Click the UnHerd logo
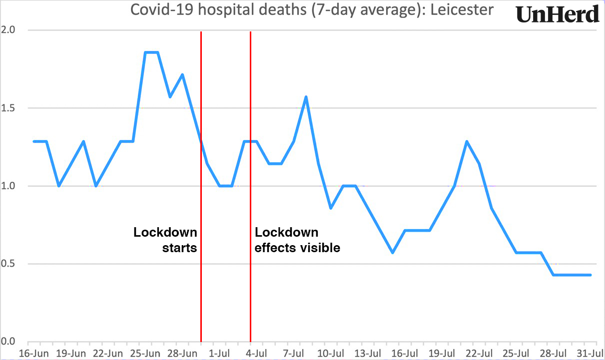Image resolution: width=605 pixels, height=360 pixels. point(558,14)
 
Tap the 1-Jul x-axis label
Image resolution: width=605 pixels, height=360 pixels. point(219,354)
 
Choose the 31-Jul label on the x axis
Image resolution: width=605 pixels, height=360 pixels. point(590,354)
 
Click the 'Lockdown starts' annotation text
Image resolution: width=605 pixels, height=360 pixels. point(165,240)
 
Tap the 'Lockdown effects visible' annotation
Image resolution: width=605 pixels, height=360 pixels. point(297,240)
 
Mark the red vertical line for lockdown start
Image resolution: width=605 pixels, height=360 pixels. point(201,300)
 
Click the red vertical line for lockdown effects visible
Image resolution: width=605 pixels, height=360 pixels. point(250,300)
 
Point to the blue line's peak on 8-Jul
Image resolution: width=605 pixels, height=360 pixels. point(306,97)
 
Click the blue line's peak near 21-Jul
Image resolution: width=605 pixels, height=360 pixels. point(467,141)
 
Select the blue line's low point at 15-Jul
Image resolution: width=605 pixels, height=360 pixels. point(393,253)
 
